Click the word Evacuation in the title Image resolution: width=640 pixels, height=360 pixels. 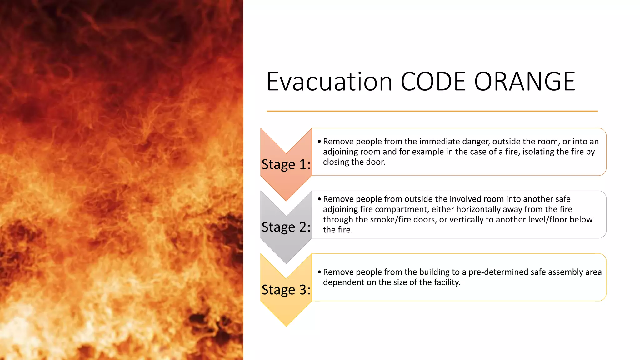tap(329, 82)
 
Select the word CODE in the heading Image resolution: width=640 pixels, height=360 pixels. tap(433, 82)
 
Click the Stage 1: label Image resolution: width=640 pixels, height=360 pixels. tap(286, 164)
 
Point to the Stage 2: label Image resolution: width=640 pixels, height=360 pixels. tap(286, 227)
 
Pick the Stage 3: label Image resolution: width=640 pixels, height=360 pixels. tap(286, 290)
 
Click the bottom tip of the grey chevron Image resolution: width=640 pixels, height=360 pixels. tap(286, 262)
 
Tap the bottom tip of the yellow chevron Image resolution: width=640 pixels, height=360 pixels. tap(286, 325)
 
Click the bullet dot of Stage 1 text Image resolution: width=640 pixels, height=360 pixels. tap(319, 142)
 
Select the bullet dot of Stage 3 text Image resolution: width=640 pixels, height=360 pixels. tap(319, 272)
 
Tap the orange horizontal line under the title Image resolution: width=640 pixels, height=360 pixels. tap(432, 111)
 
